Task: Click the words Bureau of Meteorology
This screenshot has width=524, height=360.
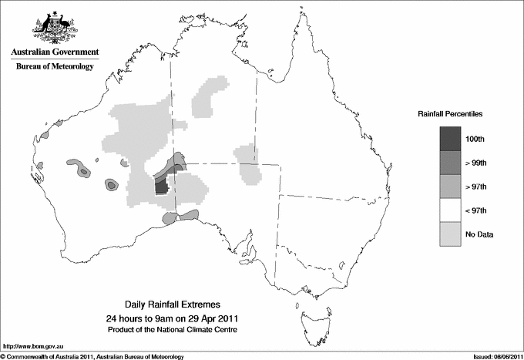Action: pos(54,67)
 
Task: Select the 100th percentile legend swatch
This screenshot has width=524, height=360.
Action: pos(450,139)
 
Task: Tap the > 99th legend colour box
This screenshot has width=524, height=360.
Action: pos(450,163)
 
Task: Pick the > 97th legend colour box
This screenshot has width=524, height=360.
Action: pos(450,187)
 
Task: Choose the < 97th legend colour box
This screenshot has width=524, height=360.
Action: pos(450,210)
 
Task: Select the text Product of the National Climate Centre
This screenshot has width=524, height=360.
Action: pos(177,329)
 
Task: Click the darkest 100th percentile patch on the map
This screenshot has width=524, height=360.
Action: pos(160,187)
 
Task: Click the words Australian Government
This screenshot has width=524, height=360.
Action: pos(54,52)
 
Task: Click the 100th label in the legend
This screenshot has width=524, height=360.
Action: pos(475,139)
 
